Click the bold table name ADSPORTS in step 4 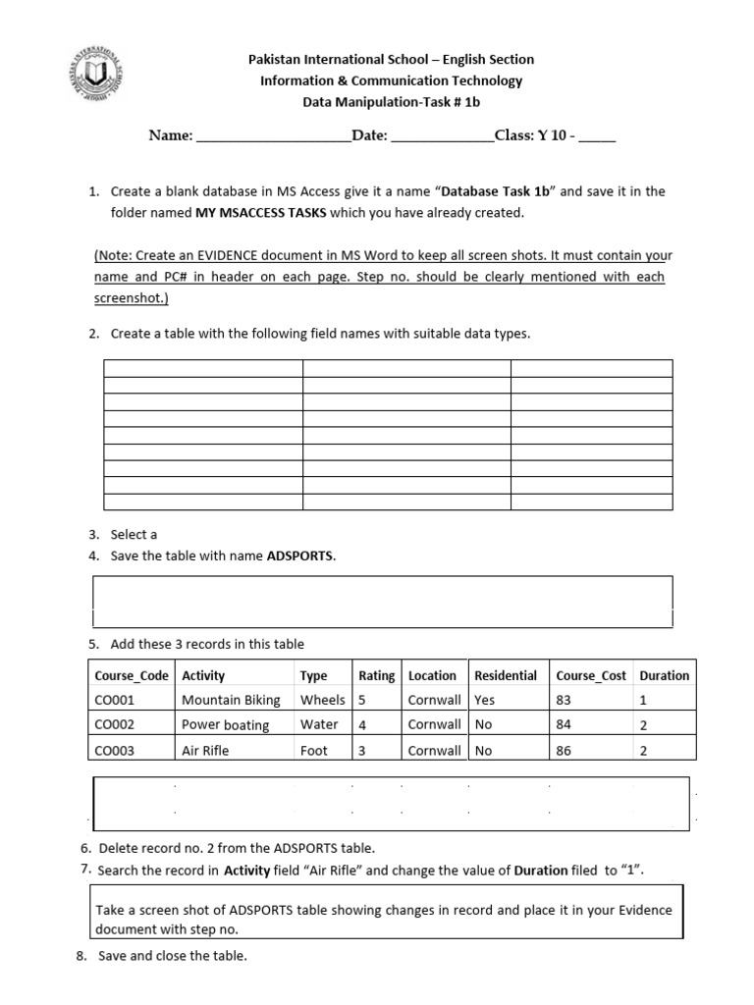[x=300, y=556]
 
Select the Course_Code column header [x=132, y=675]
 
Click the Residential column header [x=505, y=675]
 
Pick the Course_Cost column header [x=590, y=675]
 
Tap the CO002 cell [x=114, y=725]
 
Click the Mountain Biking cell [x=231, y=701]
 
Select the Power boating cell [x=225, y=725]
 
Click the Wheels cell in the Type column [x=322, y=701]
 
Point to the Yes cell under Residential [x=485, y=701]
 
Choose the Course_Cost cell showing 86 [x=564, y=751]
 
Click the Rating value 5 [x=362, y=701]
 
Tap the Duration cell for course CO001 [x=643, y=701]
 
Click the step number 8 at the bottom [x=81, y=956]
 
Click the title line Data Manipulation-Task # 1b [x=391, y=102]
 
